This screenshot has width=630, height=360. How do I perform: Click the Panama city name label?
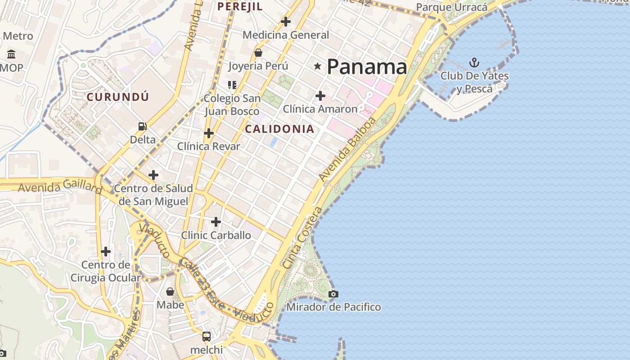click(367, 67)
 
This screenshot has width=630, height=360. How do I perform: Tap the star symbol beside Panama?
click(318, 67)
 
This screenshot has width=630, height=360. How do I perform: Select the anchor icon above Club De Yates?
click(474, 63)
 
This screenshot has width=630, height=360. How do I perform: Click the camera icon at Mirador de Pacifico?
click(333, 294)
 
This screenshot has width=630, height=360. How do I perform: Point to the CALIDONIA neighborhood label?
click(279, 129)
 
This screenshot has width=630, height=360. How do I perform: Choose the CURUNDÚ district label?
click(117, 97)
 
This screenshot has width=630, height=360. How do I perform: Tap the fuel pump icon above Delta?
click(143, 126)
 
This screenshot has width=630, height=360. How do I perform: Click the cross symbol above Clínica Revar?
click(209, 133)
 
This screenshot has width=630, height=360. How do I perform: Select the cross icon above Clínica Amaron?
click(320, 96)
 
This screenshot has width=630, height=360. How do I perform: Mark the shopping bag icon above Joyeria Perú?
click(258, 53)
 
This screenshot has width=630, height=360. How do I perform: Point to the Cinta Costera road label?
click(303, 238)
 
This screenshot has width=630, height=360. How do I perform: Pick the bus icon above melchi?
click(207, 336)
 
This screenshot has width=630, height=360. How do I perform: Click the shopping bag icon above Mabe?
click(170, 292)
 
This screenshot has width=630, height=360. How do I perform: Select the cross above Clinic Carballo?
click(216, 222)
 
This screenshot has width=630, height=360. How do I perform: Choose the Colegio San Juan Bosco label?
click(232, 105)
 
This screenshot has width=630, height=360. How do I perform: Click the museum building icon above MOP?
click(11, 54)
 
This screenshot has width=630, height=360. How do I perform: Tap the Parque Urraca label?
click(451, 7)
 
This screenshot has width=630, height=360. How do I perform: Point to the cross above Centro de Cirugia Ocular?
click(106, 251)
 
